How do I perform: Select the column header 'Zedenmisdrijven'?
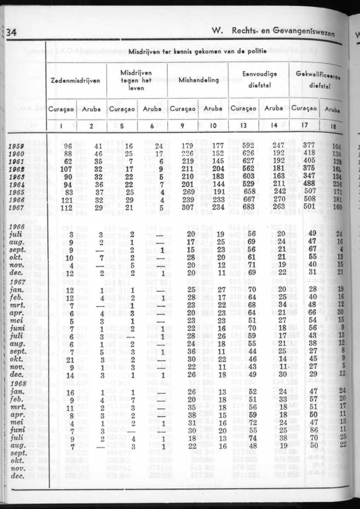pos(76,81)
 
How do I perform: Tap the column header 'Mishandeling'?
pos(199,80)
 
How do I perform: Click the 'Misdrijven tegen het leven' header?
pos(136,79)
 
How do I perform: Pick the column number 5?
pos(122,125)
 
